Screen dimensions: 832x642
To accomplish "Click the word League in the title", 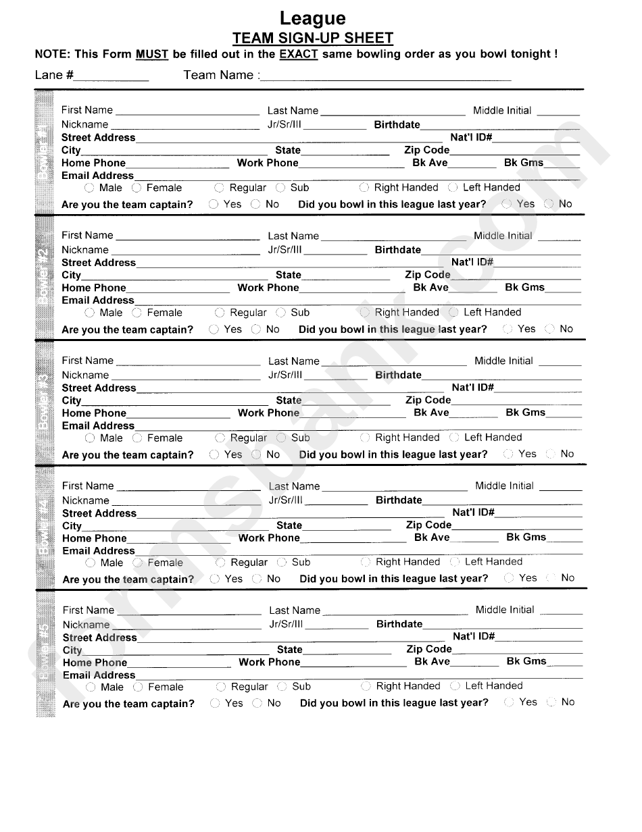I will [312, 18].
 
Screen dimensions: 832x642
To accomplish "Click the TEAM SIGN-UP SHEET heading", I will [312, 38].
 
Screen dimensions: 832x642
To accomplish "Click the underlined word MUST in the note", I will [151, 54].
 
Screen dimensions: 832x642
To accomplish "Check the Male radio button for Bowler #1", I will [90, 188].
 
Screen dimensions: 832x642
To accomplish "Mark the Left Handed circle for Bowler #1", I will [453, 188].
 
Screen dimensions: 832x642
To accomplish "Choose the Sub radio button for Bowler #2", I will [281, 313].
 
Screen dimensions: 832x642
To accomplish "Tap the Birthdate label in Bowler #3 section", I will [398, 375].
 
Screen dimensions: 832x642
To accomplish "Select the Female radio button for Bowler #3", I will [138, 438].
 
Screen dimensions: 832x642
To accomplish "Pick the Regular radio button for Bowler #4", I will [220, 563].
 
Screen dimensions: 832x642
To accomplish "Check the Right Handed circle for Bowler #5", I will [366, 686].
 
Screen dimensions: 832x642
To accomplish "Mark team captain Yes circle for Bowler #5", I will [215, 703].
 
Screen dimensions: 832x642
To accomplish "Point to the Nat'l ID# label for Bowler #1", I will [471, 137].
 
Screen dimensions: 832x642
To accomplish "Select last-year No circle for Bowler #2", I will [549, 329].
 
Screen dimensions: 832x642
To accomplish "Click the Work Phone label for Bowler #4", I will [269, 538].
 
